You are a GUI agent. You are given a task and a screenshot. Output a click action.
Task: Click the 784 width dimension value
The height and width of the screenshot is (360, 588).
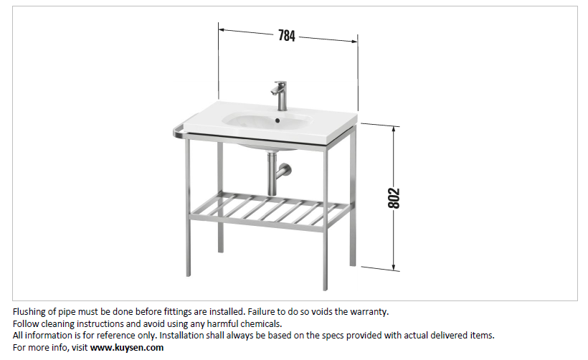coord(287,36)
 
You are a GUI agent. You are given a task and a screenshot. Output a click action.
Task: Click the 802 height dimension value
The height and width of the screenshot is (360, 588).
coord(394,198)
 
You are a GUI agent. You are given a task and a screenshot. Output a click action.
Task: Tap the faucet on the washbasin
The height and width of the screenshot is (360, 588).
coord(280,95)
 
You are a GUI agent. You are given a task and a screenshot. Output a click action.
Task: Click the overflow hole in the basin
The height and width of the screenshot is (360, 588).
coord(278,120)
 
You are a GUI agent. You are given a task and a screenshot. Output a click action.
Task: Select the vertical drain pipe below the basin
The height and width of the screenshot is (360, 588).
coord(272,173)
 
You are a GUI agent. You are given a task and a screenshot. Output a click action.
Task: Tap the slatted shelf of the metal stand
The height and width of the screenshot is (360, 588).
coord(271,210)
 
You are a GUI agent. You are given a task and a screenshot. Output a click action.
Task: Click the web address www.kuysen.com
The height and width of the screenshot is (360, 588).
coord(127,348)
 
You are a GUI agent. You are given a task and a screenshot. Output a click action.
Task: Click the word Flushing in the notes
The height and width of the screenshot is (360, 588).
coord(29,312)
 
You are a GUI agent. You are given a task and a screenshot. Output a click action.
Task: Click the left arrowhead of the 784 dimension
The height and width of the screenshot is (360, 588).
coord(222,29)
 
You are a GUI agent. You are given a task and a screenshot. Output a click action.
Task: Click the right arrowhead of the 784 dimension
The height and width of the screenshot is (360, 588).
coord(354,41)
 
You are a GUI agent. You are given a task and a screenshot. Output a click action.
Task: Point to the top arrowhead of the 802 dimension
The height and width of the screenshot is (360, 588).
coord(394,129)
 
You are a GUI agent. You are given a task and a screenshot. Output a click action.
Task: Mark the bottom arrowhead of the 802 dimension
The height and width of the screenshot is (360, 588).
coord(394,267)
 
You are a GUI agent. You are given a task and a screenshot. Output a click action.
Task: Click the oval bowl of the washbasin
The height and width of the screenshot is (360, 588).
coord(267,120)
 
